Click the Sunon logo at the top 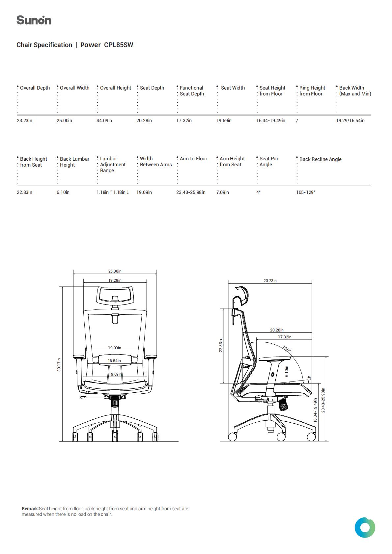tap(34, 20)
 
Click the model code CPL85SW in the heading tap(119, 45)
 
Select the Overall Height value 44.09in tap(104, 120)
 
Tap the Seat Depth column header tap(152, 88)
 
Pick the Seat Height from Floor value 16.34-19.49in tap(271, 120)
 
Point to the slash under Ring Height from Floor tap(297, 120)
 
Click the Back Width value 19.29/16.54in tap(350, 120)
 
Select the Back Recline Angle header tap(320, 159)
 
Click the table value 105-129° tap(306, 192)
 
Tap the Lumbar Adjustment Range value tap(113, 192)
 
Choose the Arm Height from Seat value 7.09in tap(222, 192)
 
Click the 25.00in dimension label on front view tap(115, 271)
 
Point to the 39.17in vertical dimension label tap(59, 364)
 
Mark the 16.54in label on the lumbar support tap(114, 360)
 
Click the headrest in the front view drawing tap(115, 295)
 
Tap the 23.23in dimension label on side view tap(270, 280)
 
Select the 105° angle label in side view tap(287, 349)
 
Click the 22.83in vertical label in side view tap(221, 346)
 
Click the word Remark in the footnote tap(30, 509)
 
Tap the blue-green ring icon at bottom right tap(365, 527)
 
